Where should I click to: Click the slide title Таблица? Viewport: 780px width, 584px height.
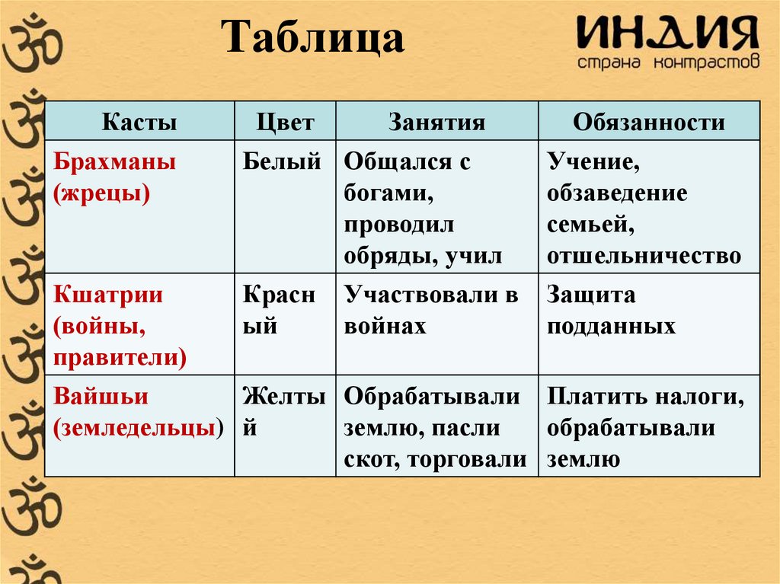pos(312,39)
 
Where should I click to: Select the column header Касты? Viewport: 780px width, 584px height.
pos(139,123)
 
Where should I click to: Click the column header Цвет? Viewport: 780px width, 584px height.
pos(285,123)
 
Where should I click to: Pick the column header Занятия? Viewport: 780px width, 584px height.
pos(436,123)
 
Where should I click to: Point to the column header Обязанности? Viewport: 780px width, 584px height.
pos(648,123)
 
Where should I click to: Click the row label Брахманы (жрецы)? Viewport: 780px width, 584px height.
pos(115,177)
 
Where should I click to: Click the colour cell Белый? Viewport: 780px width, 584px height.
pos(282,161)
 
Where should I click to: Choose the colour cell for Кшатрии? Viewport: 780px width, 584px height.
pos(279,311)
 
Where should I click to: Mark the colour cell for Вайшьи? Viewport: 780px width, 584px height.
pos(284,412)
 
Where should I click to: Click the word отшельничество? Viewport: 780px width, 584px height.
pos(644,256)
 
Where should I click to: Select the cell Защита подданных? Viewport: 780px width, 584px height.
pos(611,311)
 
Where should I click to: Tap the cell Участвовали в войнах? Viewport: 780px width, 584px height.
pos(431,311)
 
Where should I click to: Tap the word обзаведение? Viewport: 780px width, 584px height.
pos(617,193)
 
